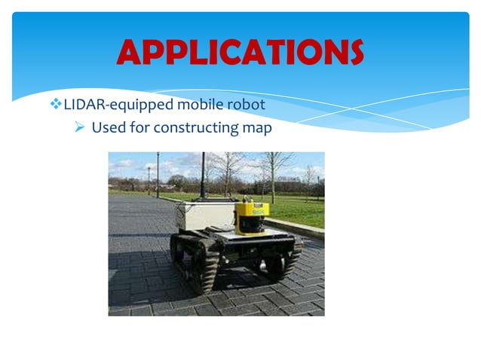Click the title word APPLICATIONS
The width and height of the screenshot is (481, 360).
(240, 52)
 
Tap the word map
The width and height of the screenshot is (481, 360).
(257, 127)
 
